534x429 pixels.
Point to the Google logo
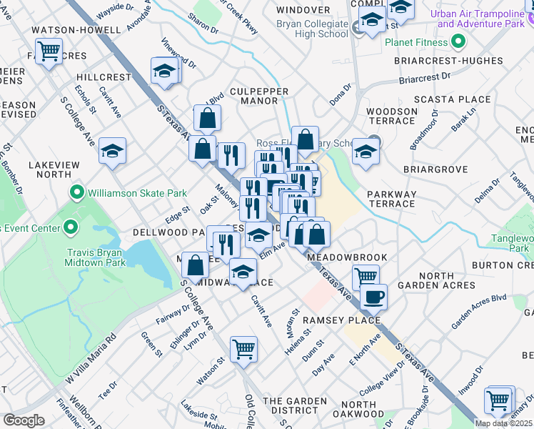pos(24,420)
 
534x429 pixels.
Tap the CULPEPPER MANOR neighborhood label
pos(249,96)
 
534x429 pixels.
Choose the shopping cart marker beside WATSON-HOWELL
pos(49,51)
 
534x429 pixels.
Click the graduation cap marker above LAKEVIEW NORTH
pos(112,151)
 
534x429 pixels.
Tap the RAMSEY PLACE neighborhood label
pos(341,320)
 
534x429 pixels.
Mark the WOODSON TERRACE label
pos(392,116)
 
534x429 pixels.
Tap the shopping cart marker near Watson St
pos(243,349)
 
